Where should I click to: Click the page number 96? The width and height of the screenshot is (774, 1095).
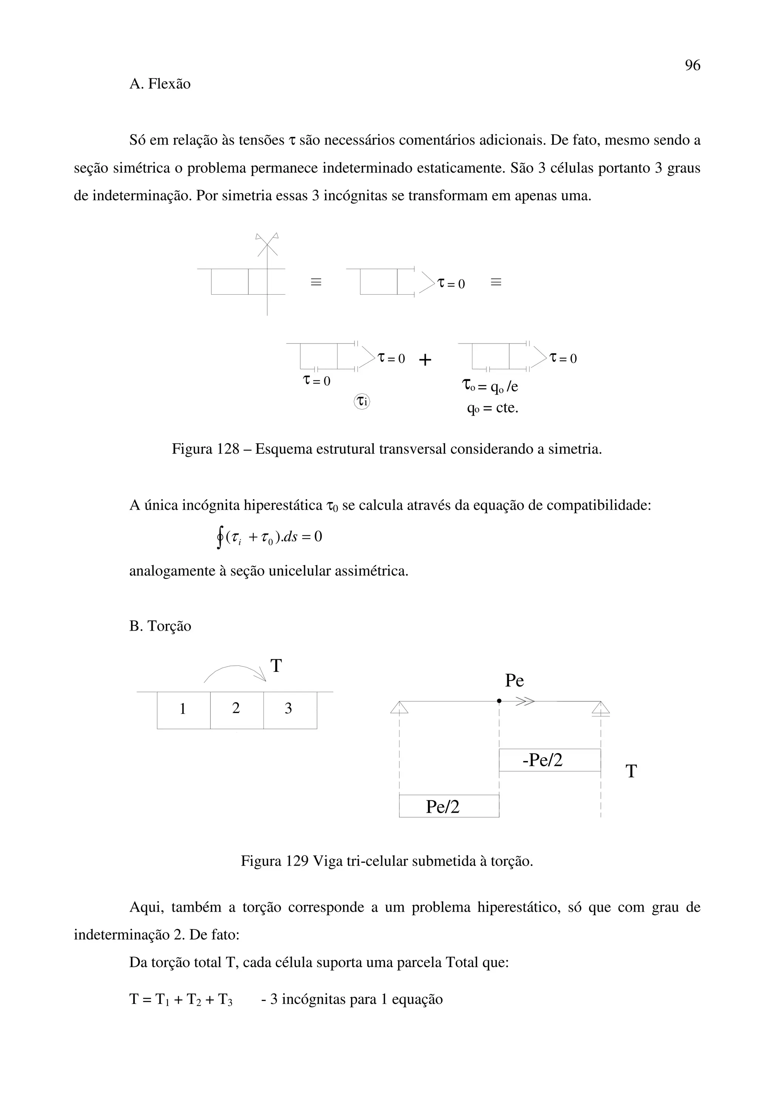click(x=692, y=65)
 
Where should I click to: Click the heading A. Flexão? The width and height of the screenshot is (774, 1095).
click(x=160, y=84)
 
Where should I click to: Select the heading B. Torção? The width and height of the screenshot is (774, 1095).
click(x=160, y=626)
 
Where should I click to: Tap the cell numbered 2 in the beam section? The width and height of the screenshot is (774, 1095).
click(x=236, y=709)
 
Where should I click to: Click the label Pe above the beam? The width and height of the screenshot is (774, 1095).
click(x=514, y=681)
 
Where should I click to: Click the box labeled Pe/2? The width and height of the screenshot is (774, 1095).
click(x=448, y=806)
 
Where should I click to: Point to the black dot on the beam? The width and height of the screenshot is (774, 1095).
click(x=499, y=701)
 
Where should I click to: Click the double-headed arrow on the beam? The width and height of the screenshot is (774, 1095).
click(x=525, y=701)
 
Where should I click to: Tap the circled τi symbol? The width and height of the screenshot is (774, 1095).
click(x=362, y=401)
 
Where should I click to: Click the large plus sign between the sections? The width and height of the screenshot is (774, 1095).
click(x=424, y=360)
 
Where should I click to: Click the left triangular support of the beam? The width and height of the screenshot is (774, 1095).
click(x=399, y=707)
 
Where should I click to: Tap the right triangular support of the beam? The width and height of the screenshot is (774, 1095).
click(x=601, y=708)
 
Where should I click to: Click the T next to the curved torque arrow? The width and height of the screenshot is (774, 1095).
click(x=276, y=666)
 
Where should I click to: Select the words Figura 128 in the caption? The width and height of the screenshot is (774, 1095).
click(x=205, y=449)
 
